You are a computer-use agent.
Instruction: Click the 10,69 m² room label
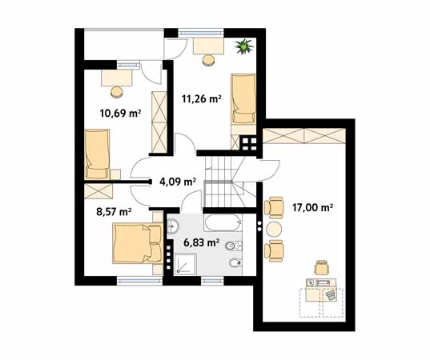(120, 113)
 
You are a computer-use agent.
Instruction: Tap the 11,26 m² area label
(202, 98)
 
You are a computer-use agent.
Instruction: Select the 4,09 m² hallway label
(178, 182)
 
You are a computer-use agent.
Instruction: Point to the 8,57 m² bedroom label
(114, 211)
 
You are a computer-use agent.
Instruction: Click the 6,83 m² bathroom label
(202, 242)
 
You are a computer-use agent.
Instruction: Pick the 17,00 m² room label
(312, 207)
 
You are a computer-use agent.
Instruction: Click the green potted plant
(243, 46)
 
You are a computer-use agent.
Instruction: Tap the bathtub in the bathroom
(223, 222)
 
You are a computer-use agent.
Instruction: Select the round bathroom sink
(173, 226)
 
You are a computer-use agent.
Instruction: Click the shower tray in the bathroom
(186, 263)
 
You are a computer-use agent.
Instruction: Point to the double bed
(138, 243)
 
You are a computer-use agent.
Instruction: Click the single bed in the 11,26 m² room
(243, 98)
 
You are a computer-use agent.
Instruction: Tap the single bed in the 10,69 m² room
(97, 154)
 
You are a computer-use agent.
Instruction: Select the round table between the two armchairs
(274, 230)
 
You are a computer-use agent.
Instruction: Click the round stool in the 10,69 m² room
(117, 92)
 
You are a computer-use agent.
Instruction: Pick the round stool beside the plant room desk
(208, 60)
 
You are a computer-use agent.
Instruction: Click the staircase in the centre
(224, 182)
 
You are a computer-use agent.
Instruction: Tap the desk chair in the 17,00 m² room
(322, 267)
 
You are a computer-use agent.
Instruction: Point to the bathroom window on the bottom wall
(212, 281)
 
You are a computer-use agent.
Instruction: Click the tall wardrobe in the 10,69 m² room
(159, 122)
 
